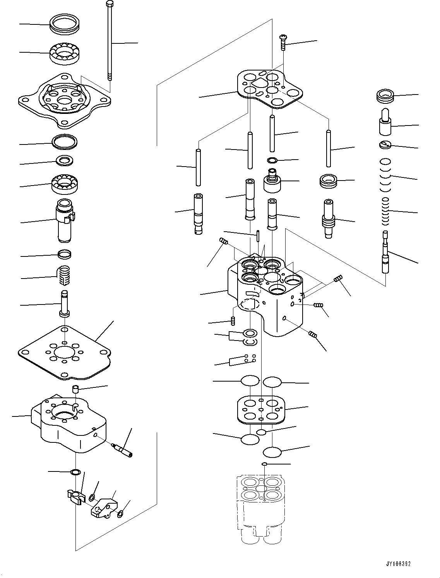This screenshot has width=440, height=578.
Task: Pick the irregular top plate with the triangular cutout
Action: [x=270, y=88]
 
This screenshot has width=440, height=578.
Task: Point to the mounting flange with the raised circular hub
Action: [x=65, y=100]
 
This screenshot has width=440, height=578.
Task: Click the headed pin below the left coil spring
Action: [x=64, y=304]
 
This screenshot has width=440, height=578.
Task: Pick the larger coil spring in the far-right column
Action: [x=385, y=177]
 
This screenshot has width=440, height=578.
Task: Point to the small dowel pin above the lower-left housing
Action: [x=76, y=389]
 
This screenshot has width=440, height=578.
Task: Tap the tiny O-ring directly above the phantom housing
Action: [x=264, y=464]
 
